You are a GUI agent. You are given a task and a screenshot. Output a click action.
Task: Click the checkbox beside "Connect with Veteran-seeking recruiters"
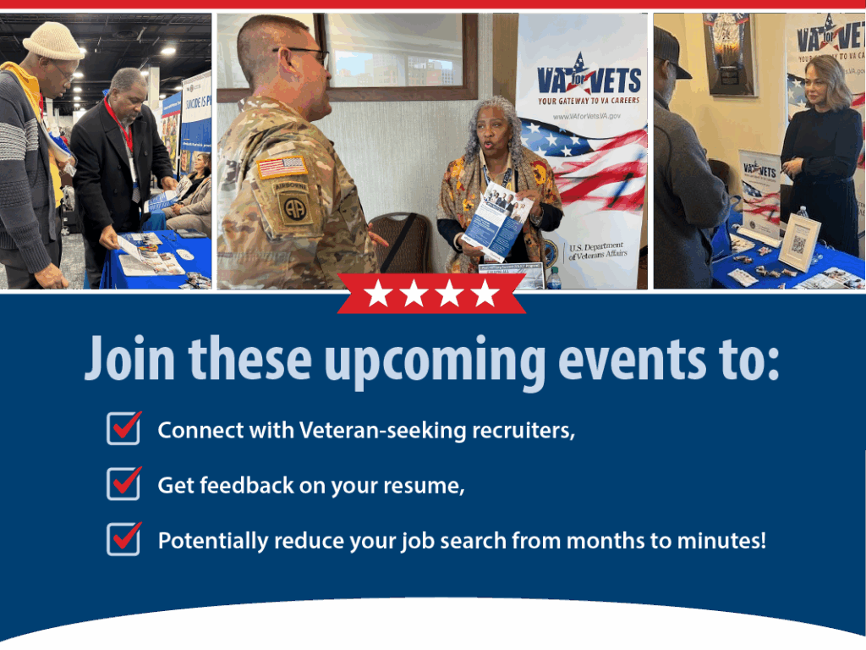pyautogui.click(x=123, y=428)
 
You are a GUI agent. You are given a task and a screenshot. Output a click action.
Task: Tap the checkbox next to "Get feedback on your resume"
pyautogui.click(x=123, y=483)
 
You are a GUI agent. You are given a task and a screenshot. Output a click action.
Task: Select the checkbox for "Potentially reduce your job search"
pyautogui.click(x=123, y=538)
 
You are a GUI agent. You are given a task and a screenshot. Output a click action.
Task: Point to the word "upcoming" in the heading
pyautogui.click(x=435, y=359)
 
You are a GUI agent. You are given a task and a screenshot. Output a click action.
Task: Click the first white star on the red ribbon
pyautogui.click(x=377, y=294)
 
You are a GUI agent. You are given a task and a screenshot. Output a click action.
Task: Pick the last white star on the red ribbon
pyautogui.click(x=485, y=294)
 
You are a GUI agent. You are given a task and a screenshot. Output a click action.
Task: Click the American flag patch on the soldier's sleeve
pyautogui.click(x=282, y=167)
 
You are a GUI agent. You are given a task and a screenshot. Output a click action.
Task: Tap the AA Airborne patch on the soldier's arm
pyautogui.click(x=293, y=204)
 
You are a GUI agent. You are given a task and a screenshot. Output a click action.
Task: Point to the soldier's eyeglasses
pyautogui.click(x=306, y=53)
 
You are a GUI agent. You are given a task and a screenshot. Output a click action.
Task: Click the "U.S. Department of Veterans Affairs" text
pyautogui.click(x=597, y=251)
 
